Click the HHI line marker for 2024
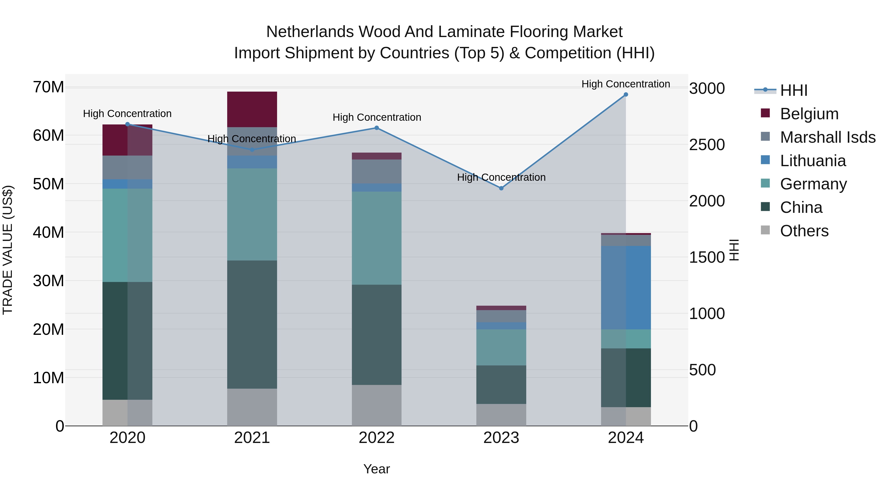click(626, 95)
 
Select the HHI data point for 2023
click(501, 188)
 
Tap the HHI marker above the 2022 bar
click(377, 128)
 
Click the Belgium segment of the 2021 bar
click(252, 109)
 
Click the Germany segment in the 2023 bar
click(501, 347)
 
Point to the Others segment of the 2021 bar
click(252, 407)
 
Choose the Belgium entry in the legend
click(809, 114)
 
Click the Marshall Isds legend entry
click(828, 137)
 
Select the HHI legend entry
click(793, 90)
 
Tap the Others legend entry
click(804, 231)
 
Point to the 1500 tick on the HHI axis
click(707, 258)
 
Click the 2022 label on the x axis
click(377, 438)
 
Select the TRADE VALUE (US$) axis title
click(8, 250)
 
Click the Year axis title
click(377, 469)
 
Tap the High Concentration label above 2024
click(626, 84)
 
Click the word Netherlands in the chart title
click(310, 32)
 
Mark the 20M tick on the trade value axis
click(48, 330)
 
